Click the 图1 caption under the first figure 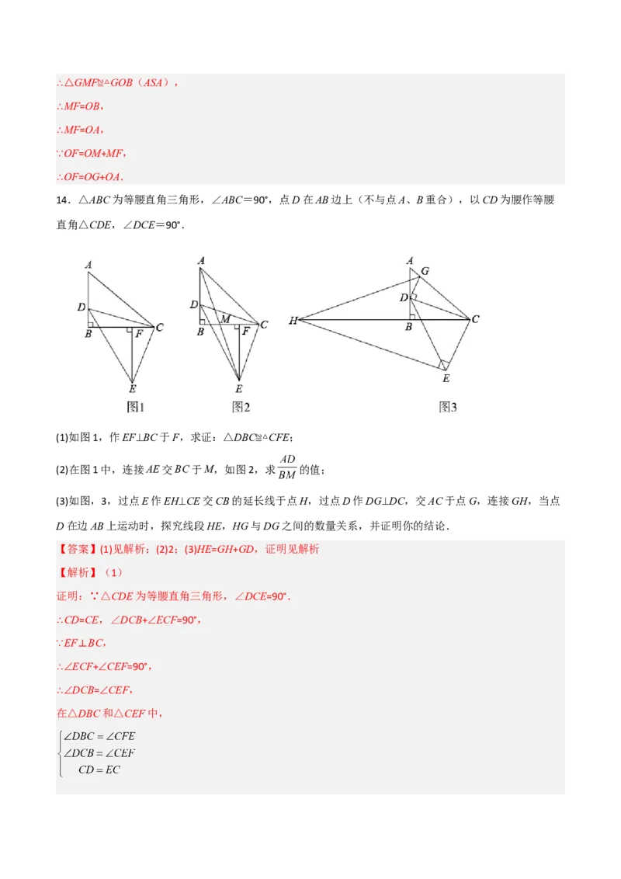[136, 407]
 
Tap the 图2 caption [241, 407]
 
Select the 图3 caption [448, 407]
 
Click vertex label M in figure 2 [225, 319]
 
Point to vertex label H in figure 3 [293, 321]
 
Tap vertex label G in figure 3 [425, 272]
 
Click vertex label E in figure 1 [132, 389]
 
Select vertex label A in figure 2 [201, 261]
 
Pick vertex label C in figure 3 [475, 319]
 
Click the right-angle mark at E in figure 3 [443, 364]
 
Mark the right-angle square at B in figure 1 [91, 324]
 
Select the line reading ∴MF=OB [83, 106]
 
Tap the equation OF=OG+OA [92, 177]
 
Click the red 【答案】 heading [75, 549]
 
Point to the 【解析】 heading [75, 572]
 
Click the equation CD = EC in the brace [99, 770]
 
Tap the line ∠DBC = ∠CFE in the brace [101, 735]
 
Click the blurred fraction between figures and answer [286, 468]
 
